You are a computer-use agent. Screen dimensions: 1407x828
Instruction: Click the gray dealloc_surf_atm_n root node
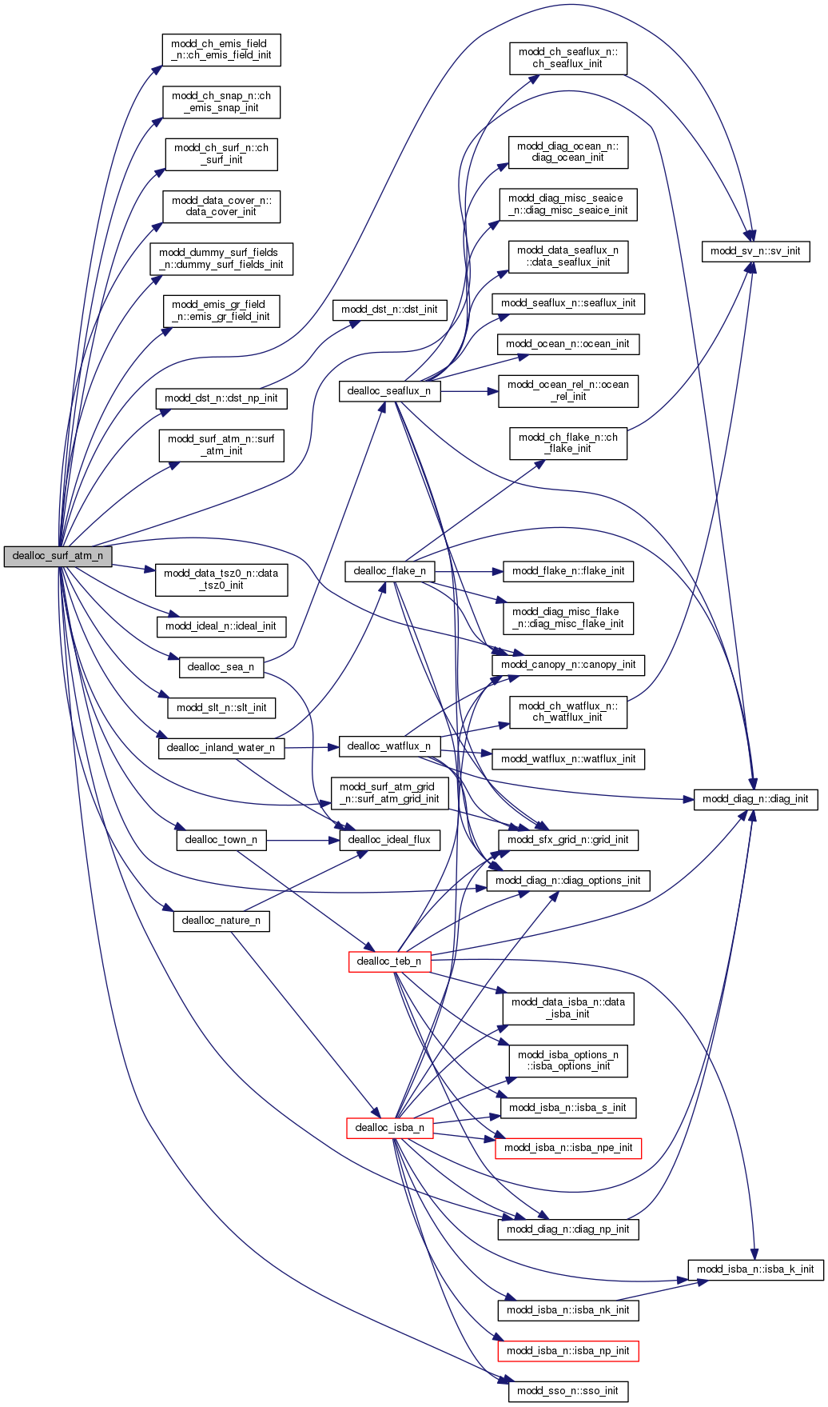pyautogui.click(x=58, y=556)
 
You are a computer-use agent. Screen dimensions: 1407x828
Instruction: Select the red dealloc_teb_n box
pyautogui.click(x=389, y=961)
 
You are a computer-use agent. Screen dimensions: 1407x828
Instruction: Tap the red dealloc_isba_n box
pyautogui.click(x=389, y=1128)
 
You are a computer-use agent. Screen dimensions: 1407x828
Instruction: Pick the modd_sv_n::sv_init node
pyautogui.click(x=755, y=251)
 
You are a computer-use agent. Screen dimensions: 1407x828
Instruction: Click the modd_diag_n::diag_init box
pyautogui.click(x=755, y=799)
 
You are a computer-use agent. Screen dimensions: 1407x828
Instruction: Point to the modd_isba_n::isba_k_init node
pyautogui.click(x=755, y=1269)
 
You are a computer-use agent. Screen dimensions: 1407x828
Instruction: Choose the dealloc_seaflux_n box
pyautogui.click(x=389, y=391)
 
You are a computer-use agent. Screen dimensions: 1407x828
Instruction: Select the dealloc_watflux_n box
pyautogui.click(x=389, y=746)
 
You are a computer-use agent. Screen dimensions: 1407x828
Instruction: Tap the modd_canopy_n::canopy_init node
pyautogui.click(x=567, y=665)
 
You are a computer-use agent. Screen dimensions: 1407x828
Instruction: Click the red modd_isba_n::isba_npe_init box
pyautogui.click(x=567, y=1148)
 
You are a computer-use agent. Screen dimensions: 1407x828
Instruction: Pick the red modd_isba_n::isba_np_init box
pyautogui.click(x=567, y=1351)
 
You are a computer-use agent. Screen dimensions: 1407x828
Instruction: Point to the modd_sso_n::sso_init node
pyautogui.click(x=567, y=1391)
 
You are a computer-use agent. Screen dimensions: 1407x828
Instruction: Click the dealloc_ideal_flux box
pyautogui.click(x=389, y=840)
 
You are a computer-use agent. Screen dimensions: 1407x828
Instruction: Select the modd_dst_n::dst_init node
pyautogui.click(x=389, y=310)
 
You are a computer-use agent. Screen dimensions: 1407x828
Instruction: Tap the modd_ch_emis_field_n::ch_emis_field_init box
pyautogui.click(x=221, y=50)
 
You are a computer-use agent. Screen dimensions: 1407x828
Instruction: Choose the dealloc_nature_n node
pyautogui.click(x=221, y=921)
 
